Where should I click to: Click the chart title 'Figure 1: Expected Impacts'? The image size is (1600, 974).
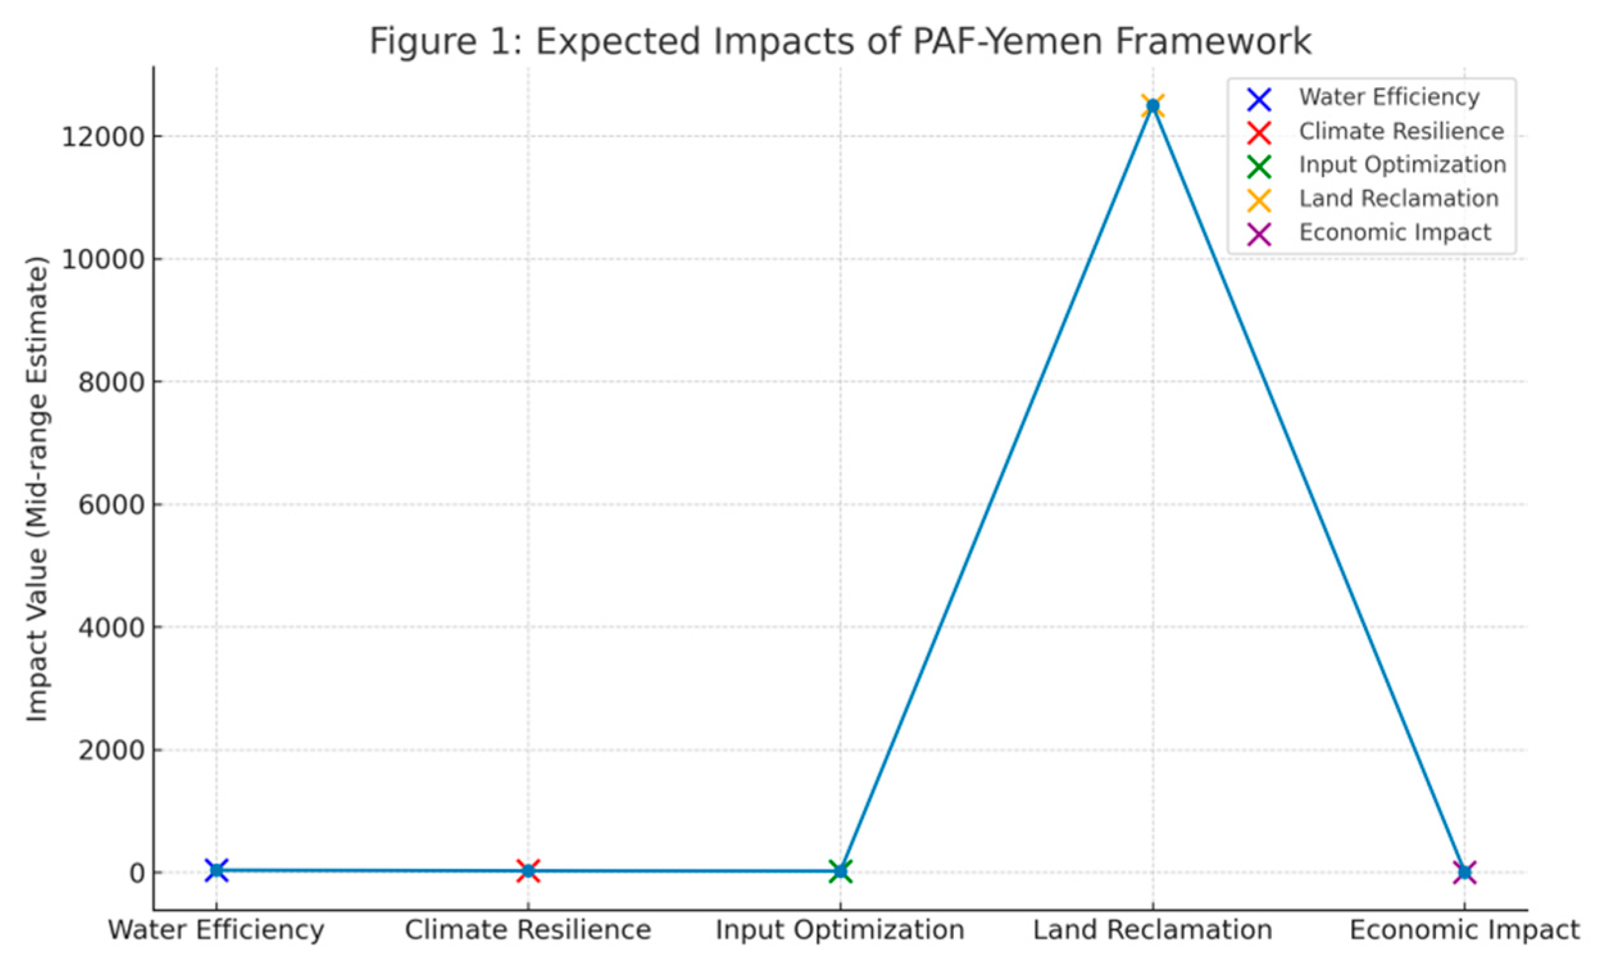pos(840,42)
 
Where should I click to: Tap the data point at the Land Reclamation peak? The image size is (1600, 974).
pos(1153,106)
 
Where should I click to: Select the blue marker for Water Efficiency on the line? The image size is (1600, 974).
pos(216,869)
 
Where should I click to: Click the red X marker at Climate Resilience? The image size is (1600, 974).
pos(529,871)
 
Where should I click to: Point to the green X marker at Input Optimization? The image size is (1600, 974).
pos(840,871)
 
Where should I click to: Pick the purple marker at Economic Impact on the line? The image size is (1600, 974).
pos(1464,872)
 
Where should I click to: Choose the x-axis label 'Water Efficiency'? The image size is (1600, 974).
pos(216,930)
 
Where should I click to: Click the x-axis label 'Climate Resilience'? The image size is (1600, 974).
pos(528,930)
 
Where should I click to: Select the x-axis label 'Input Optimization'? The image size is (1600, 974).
pos(840,930)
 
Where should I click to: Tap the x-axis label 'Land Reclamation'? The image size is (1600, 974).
pos(1152,930)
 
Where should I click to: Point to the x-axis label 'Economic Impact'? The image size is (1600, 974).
pos(1464,930)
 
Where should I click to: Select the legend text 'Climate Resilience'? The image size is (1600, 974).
pos(1401,131)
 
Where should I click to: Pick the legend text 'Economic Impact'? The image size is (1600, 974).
pos(1395,233)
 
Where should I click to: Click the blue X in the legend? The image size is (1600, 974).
pos(1259,99)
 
